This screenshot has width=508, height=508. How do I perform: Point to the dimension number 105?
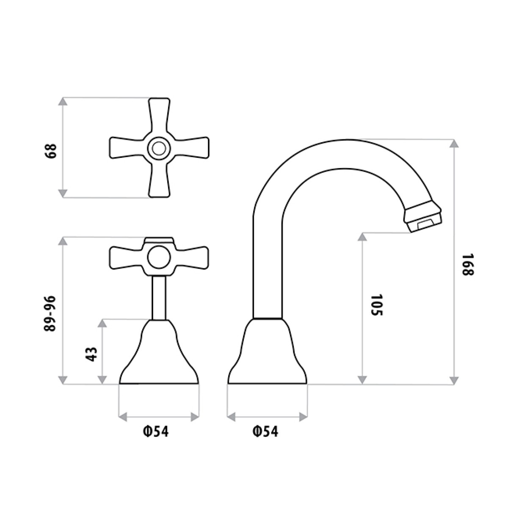(376, 305)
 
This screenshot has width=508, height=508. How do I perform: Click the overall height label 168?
(466, 265)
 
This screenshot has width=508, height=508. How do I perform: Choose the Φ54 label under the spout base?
(265, 432)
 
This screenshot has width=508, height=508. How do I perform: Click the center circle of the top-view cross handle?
(159, 149)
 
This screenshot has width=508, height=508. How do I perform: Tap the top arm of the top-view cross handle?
(159, 114)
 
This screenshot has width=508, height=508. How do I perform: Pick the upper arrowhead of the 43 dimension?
(102, 323)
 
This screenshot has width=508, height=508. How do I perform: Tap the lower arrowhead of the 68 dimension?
(63, 193)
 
